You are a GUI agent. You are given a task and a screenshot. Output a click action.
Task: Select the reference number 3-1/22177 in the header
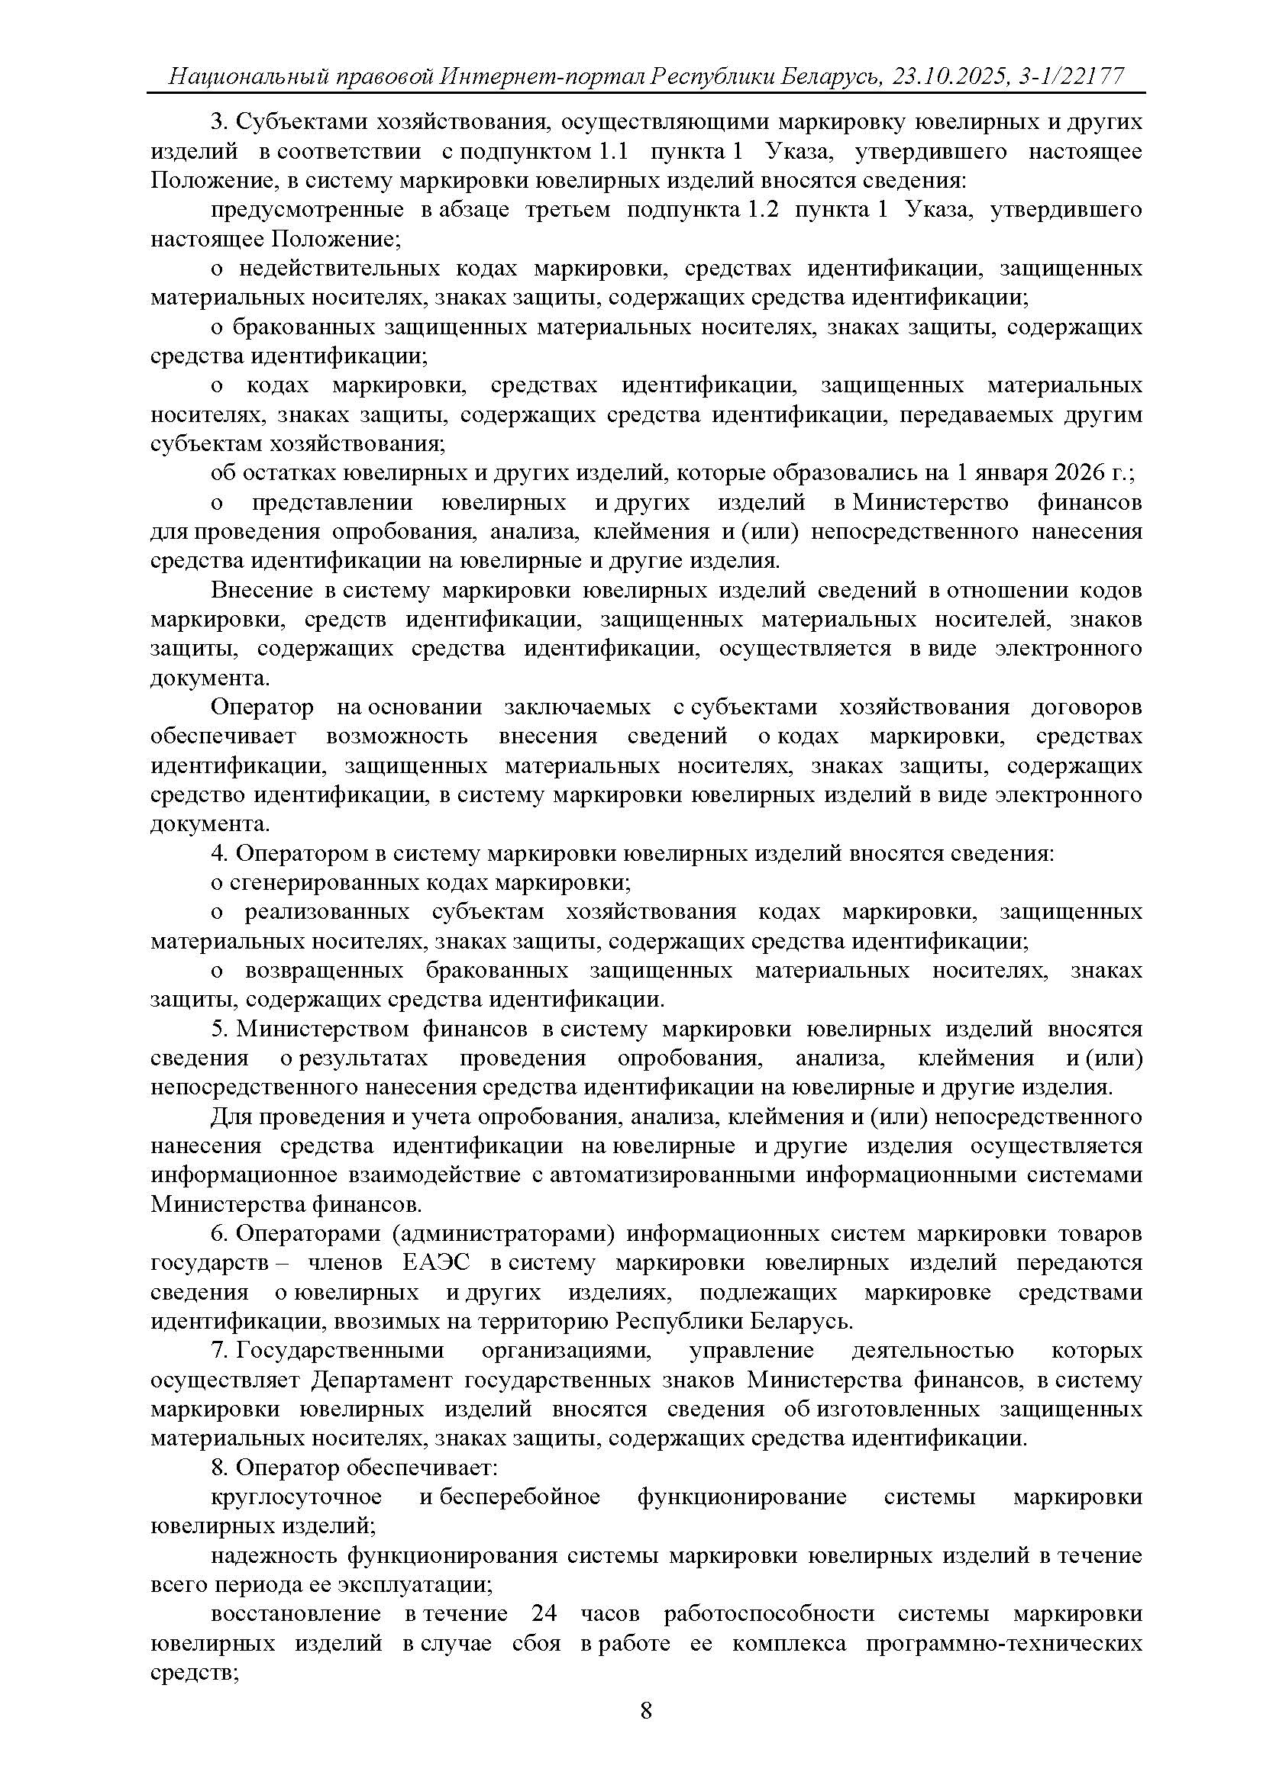click(1070, 76)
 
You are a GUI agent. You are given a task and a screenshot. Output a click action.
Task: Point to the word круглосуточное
click(296, 1497)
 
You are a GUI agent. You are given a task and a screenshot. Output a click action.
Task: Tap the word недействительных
click(339, 268)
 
